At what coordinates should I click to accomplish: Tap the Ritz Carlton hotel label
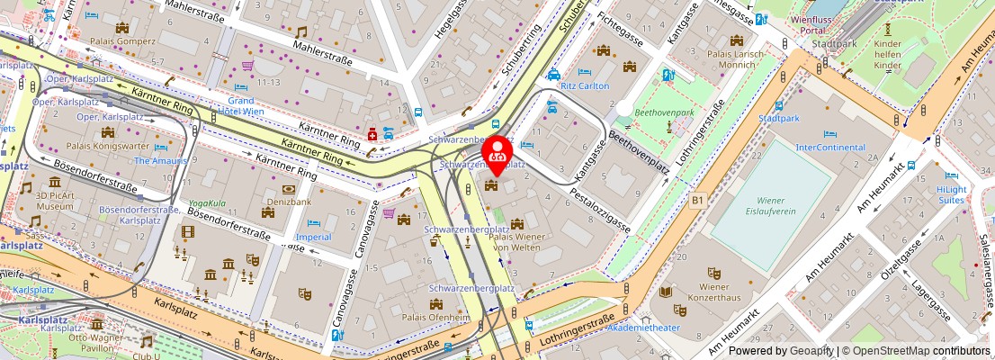585,86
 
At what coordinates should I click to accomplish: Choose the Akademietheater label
668,328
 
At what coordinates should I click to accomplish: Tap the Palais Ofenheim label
435,317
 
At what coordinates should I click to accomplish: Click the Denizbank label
288,203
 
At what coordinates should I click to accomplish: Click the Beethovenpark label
664,113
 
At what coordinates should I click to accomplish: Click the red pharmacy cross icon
372,135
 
